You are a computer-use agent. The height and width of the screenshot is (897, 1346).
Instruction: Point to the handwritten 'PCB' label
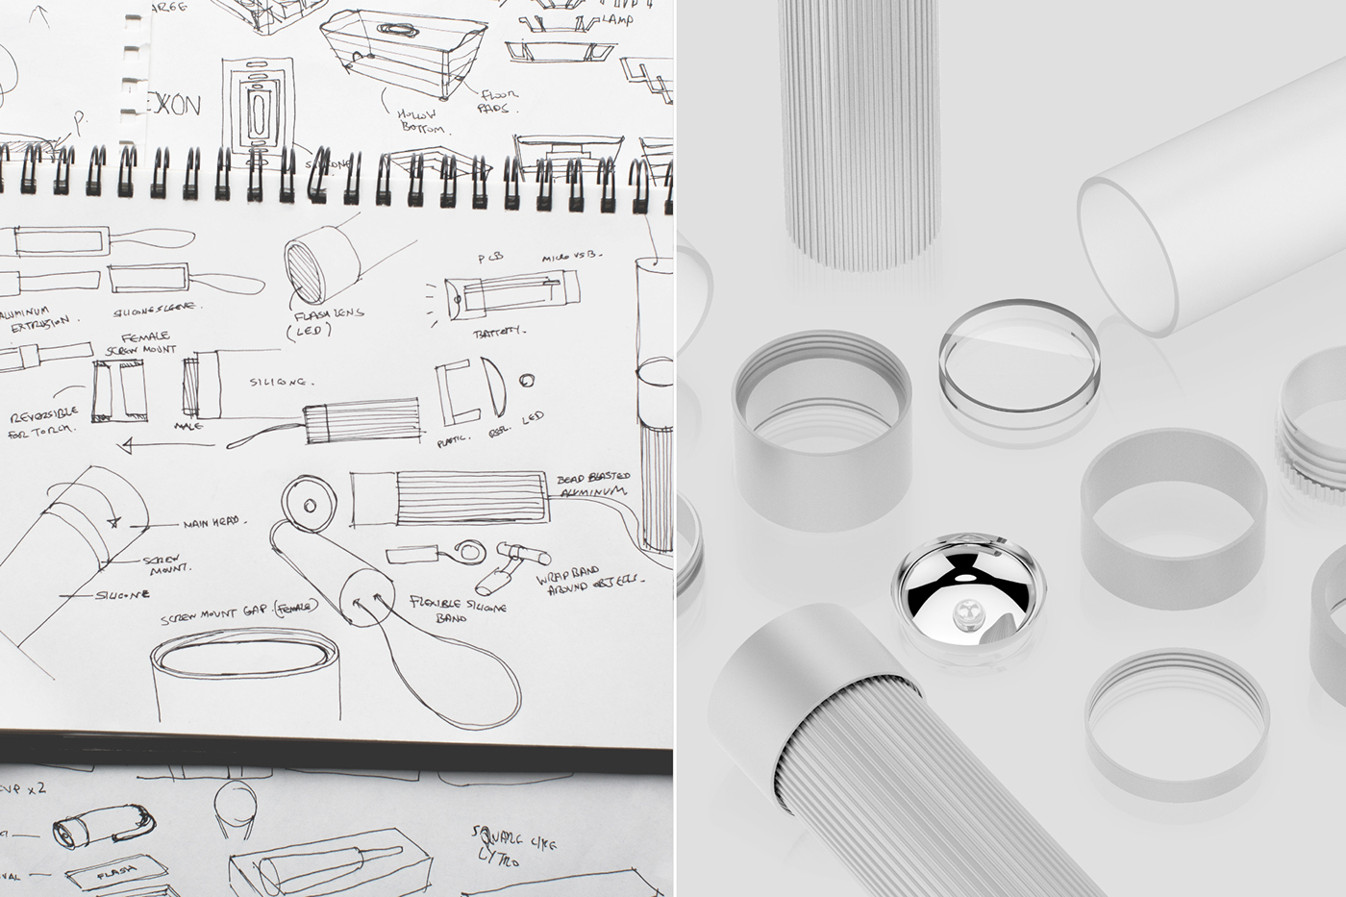(x=491, y=258)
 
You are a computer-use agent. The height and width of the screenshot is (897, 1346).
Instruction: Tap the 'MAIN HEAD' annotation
(x=212, y=525)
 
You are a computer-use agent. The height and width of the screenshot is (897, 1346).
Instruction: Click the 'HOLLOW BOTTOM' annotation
(x=420, y=121)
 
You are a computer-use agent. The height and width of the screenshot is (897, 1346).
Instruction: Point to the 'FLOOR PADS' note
(x=497, y=101)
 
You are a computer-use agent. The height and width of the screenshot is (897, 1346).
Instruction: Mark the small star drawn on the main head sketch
(x=113, y=523)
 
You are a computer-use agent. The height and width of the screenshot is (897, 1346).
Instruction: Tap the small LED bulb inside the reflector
(x=965, y=610)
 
